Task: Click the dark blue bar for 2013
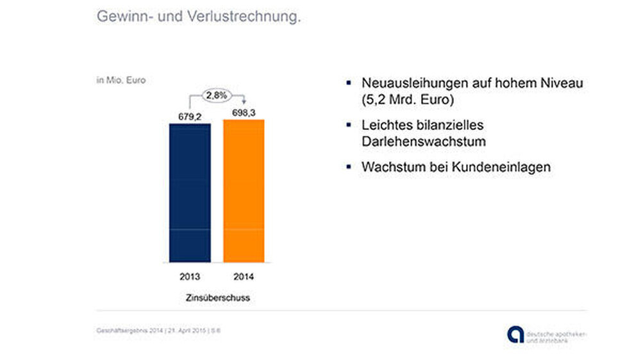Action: coord(190,192)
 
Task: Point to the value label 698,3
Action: coord(244,113)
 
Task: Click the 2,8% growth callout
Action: coord(217,95)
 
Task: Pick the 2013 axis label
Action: coord(190,277)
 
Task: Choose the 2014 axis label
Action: coord(244,277)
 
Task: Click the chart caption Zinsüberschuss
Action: coord(217,298)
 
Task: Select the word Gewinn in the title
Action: coord(119,17)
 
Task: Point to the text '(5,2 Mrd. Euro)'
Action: coord(407,101)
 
